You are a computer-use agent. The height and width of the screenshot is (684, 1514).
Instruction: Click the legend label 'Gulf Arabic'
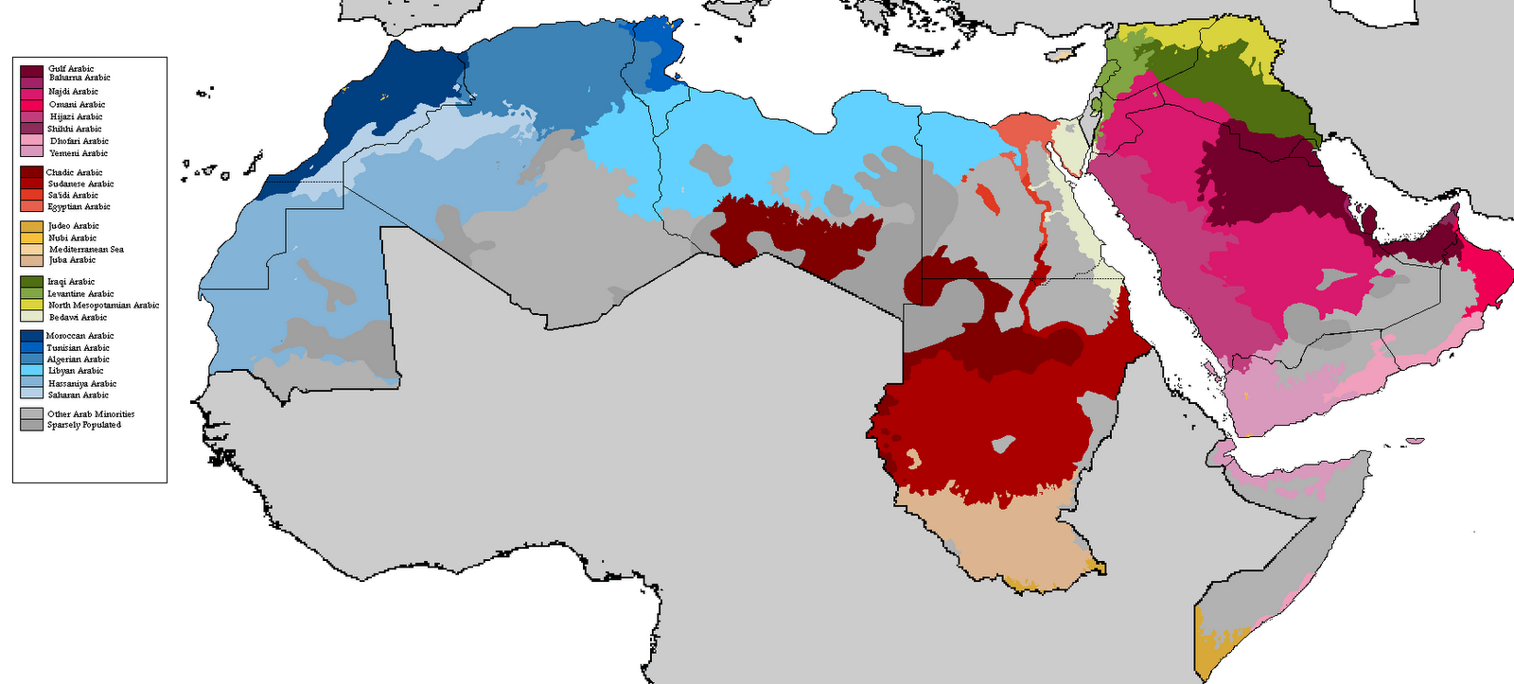71,68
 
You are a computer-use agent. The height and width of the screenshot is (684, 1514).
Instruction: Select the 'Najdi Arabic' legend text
73,92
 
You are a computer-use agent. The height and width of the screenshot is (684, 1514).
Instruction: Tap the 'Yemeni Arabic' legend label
79,153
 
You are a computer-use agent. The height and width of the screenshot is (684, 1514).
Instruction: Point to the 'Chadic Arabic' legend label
74,172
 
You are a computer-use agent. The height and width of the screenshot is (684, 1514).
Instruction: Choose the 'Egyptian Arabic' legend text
79,206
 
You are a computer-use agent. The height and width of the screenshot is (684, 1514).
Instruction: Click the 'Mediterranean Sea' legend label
86,249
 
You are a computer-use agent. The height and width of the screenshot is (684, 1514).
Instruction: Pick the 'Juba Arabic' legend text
72,260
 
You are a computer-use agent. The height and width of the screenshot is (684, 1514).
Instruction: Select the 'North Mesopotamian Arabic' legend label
103,306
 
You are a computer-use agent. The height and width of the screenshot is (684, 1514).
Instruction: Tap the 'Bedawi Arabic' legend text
78,318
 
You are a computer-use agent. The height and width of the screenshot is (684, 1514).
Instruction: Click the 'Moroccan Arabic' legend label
79,336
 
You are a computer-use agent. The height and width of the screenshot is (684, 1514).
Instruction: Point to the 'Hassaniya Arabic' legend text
81,384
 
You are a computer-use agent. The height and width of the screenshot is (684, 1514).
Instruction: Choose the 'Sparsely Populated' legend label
84,426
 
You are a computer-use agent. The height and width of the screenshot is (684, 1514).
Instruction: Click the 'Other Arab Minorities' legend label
91,414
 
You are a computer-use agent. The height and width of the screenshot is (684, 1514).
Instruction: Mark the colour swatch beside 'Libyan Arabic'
31,371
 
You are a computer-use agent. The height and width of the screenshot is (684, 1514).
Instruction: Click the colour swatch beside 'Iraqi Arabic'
31,282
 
